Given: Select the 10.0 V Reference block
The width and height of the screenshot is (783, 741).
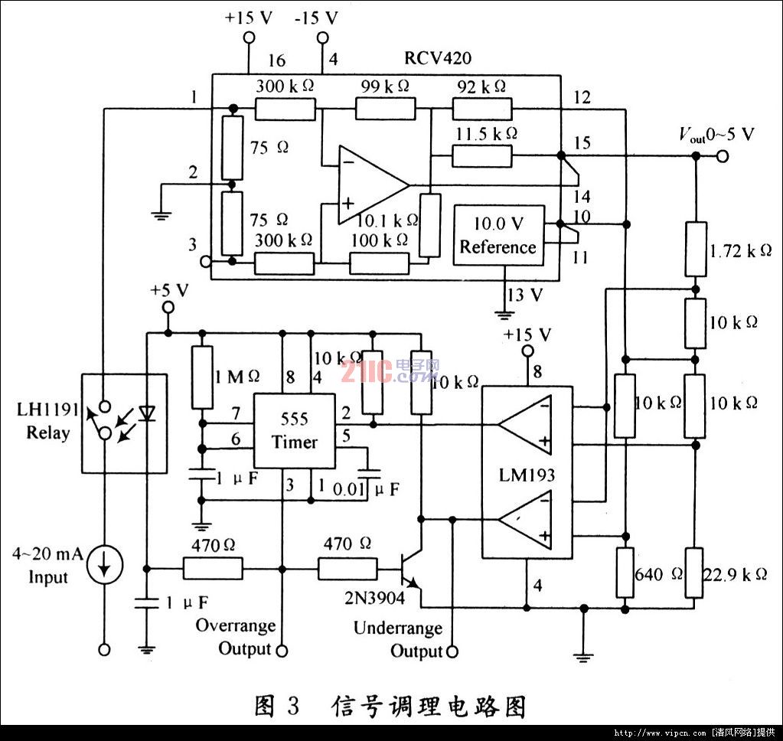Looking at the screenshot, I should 498,236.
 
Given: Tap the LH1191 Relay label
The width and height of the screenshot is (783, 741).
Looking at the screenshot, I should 47,423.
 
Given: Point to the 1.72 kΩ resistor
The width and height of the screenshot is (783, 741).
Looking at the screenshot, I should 695,249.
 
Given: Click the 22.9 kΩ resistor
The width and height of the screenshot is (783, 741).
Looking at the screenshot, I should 695,573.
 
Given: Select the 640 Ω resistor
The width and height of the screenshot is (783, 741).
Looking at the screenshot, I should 626,573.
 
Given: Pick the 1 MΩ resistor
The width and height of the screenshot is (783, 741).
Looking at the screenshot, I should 202,377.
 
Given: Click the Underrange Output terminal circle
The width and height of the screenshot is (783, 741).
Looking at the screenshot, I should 452,651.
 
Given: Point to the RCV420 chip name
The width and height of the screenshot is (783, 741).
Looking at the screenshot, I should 437,59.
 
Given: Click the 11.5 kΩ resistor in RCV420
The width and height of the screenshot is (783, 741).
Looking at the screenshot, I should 481,155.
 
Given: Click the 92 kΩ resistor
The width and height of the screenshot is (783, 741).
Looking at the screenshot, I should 481,109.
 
